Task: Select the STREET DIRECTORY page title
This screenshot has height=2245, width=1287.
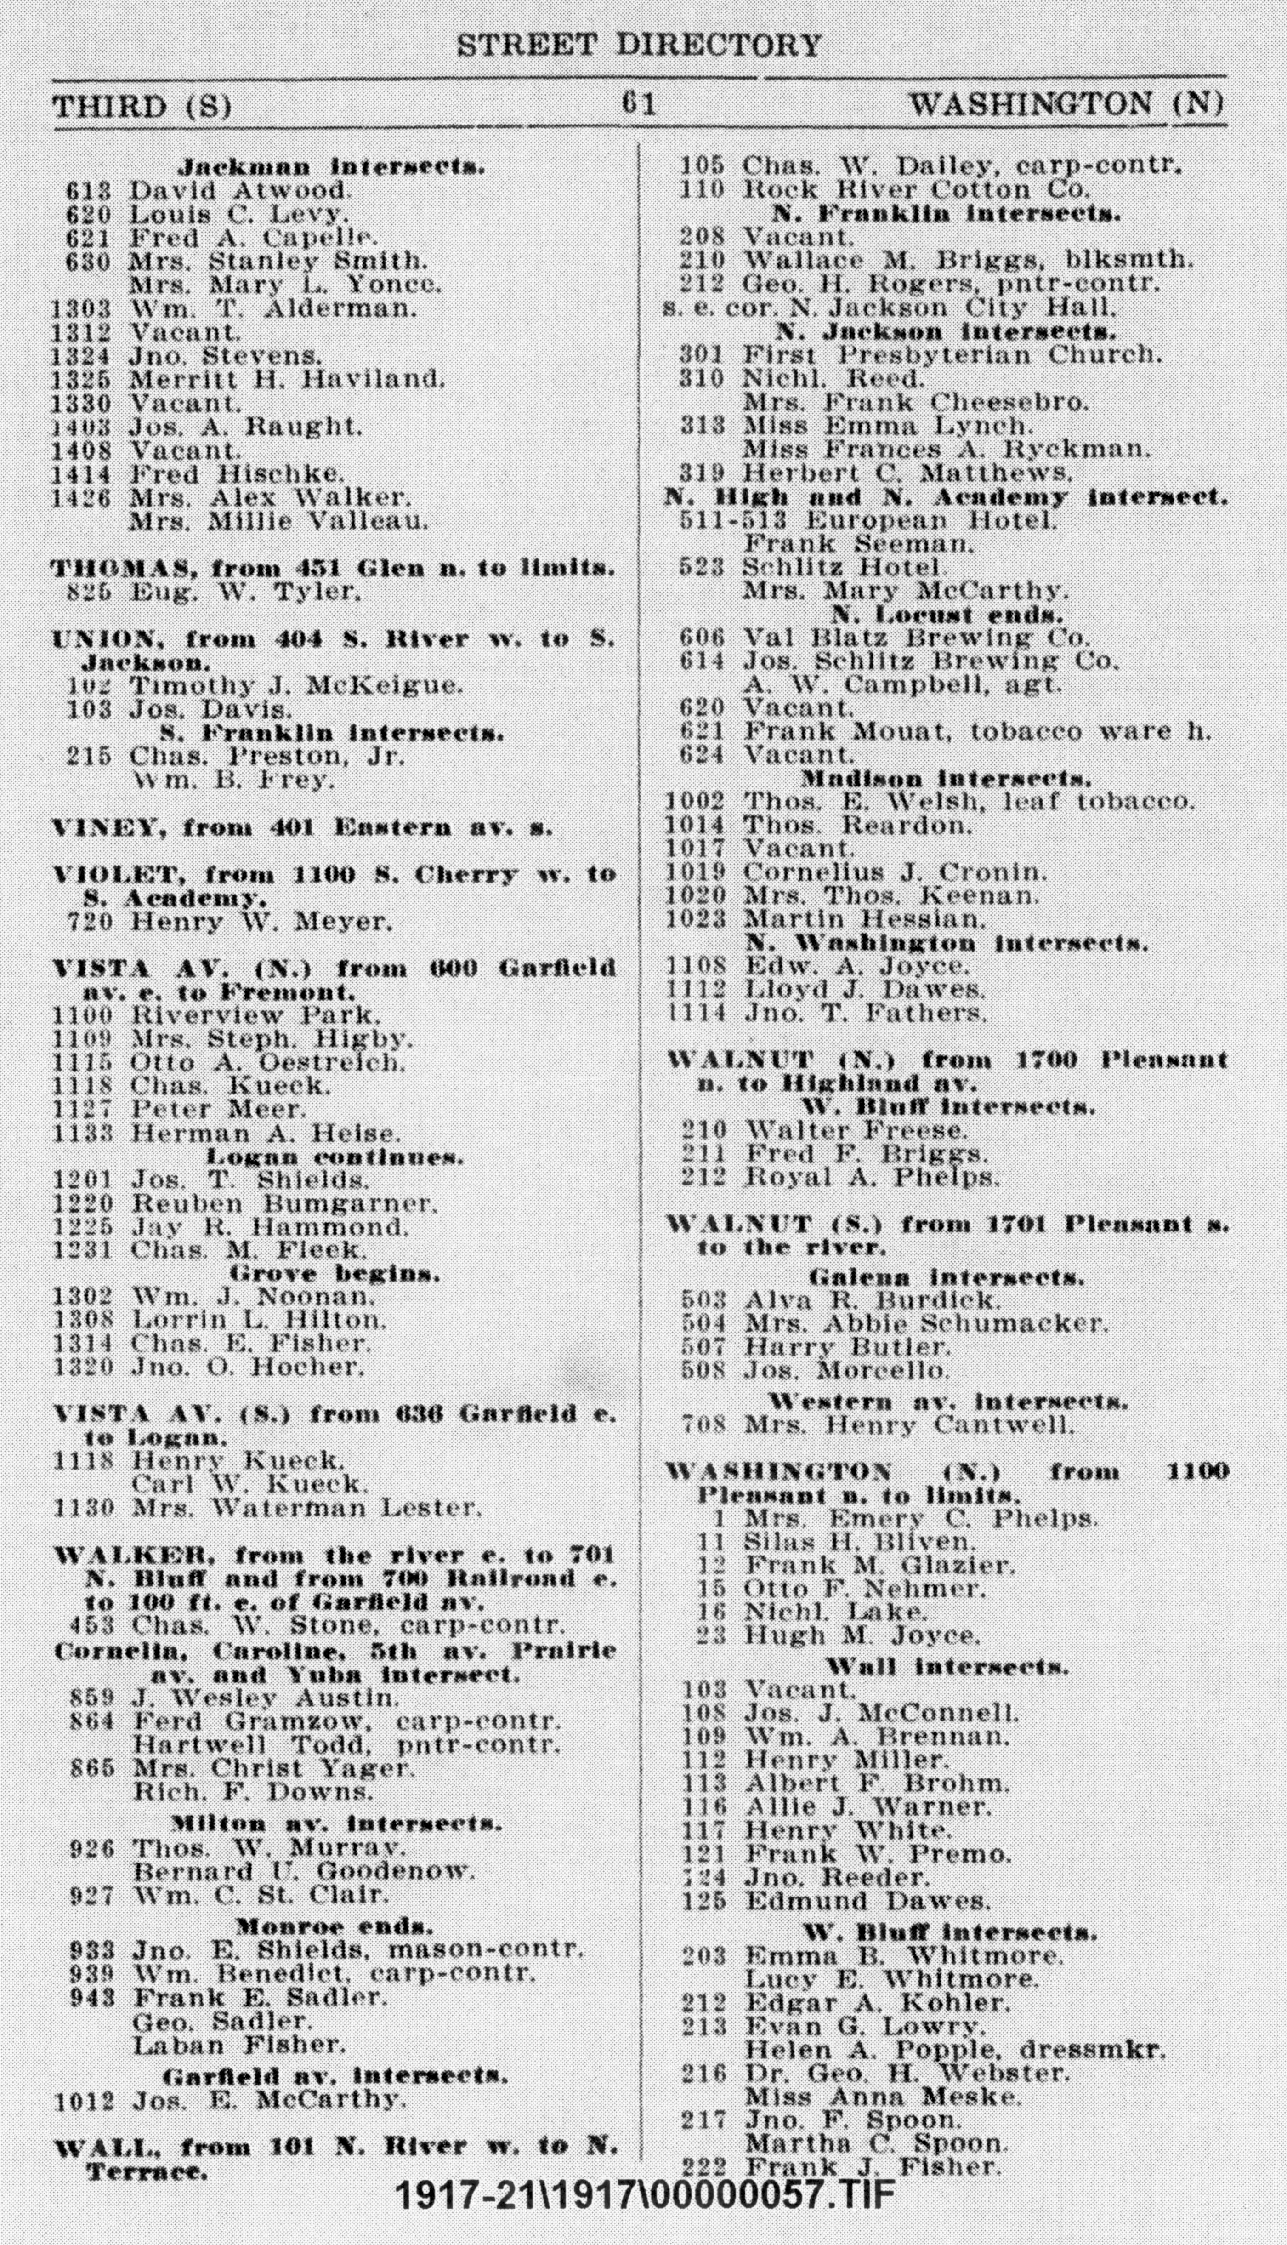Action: pos(638,45)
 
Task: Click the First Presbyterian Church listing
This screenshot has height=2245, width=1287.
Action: pos(950,354)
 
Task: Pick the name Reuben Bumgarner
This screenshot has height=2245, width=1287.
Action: pos(284,1203)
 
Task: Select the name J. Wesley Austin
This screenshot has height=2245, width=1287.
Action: pos(265,1698)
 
